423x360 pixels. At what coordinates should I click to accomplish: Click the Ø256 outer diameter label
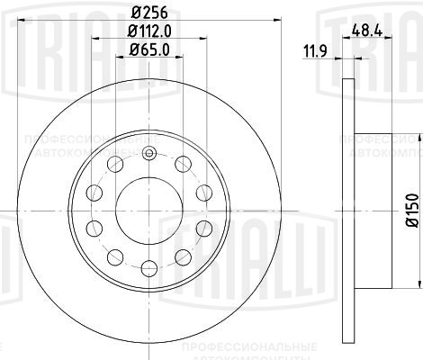pyautogui.click(x=149, y=12)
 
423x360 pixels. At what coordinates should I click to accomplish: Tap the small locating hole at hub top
pyautogui.click(x=150, y=149)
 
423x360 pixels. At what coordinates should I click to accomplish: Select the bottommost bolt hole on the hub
pyautogui.click(x=149, y=265)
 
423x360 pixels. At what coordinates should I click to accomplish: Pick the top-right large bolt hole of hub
pyautogui.click(x=184, y=164)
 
